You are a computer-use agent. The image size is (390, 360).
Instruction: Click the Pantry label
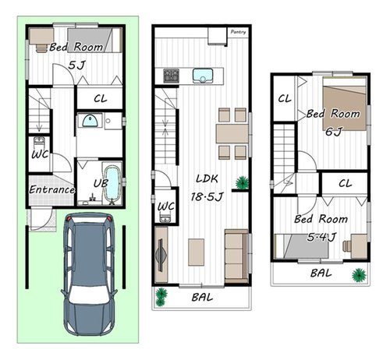tap(238, 32)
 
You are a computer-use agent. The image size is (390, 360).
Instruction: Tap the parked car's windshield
tap(89, 295)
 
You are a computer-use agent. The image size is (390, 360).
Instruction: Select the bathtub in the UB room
tap(112, 184)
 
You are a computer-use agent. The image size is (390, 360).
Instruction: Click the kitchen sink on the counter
tap(203, 76)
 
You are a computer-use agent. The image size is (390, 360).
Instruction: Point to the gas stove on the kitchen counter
tap(171, 76)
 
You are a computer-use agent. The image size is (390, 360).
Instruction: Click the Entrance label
tap(51, 189)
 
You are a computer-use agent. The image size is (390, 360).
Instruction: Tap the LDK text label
tap(207, 178)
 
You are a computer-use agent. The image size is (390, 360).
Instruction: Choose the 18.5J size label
tap(207, 197)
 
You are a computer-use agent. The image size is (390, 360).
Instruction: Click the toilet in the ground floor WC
tap(39, 143)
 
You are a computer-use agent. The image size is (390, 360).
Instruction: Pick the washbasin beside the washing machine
tap(90, 122)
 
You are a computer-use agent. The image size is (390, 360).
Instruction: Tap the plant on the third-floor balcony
tap(359, 275)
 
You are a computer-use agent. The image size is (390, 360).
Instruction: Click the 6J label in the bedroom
tap(334, 132)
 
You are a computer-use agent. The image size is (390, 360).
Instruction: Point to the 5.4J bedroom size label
tap(321, 237)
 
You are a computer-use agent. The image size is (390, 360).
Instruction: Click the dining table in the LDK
tap(232, 133)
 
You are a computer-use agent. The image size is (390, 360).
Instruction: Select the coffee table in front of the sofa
tap(197, 252)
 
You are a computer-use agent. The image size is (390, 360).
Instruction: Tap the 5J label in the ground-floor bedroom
tap(76, 65)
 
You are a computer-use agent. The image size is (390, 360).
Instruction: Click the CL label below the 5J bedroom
tap(101, 99)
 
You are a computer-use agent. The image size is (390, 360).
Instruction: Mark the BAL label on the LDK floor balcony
tap(202, 297)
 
